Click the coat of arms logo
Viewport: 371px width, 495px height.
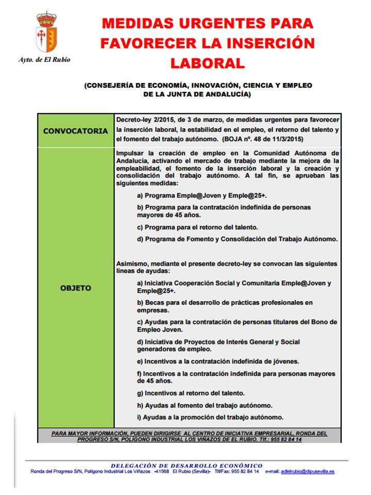pos(46,32)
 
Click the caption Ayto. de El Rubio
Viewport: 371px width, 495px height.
pos(44,60)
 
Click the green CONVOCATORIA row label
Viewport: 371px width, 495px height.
pos(75,131)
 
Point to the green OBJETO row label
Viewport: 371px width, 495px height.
pos(75,288)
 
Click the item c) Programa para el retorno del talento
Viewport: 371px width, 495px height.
pos(197,227)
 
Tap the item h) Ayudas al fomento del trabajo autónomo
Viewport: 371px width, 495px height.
pos(205,405)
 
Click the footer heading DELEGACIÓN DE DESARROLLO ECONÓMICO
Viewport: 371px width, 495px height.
pos(186,465)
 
